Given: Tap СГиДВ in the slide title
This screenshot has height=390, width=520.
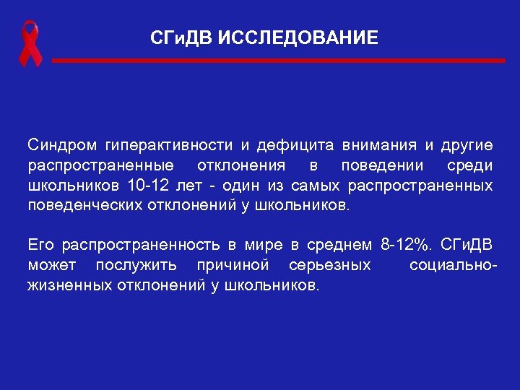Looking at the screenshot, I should tap(181, 37).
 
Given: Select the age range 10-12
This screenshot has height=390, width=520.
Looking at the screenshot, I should tap(147, 186).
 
